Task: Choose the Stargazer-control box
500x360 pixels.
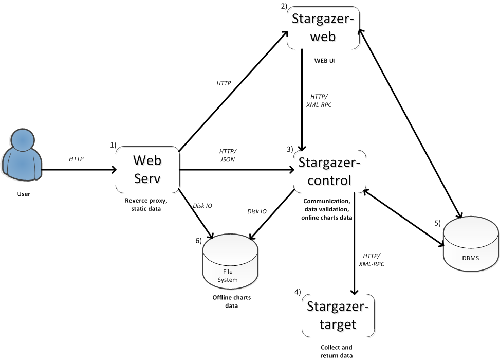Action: click(x=329, y=171)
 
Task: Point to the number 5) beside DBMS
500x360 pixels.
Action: click(x=437, y=223)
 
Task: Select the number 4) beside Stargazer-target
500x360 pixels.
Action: click(x=297, y=292)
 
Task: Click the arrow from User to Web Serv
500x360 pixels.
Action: click(x=77, y=169)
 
